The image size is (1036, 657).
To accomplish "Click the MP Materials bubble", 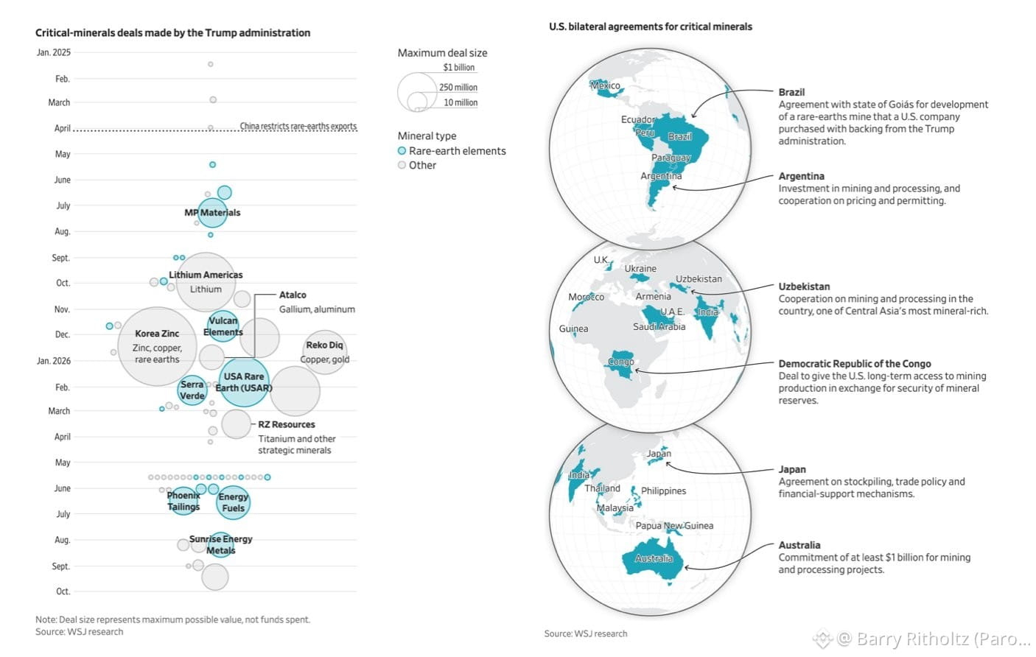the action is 212,213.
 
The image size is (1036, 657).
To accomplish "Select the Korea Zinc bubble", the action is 157,346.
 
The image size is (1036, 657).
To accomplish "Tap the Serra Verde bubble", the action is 192,390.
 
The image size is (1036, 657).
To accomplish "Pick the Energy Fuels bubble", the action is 233,502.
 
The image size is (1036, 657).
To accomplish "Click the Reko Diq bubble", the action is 325,352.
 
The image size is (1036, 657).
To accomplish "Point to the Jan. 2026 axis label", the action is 54,361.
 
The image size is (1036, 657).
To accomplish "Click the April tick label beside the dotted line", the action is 63,128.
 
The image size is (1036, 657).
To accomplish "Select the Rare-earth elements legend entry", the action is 452,151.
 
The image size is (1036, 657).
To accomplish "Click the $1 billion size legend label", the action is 459,68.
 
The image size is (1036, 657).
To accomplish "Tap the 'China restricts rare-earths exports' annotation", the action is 298,126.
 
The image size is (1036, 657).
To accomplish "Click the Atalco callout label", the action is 293,295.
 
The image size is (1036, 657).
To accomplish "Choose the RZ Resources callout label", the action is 287,424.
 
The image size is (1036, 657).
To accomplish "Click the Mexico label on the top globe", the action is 606,85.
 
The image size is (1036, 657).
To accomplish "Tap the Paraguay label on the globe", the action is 671,158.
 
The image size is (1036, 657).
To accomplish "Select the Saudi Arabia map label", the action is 659,327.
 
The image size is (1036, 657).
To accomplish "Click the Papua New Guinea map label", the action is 674,526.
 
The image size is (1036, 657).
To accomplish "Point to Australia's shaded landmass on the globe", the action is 652,561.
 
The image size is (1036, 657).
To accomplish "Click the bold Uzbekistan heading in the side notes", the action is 804,287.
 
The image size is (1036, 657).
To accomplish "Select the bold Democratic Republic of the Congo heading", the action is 855,364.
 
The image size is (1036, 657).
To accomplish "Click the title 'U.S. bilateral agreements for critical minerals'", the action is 651,27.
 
